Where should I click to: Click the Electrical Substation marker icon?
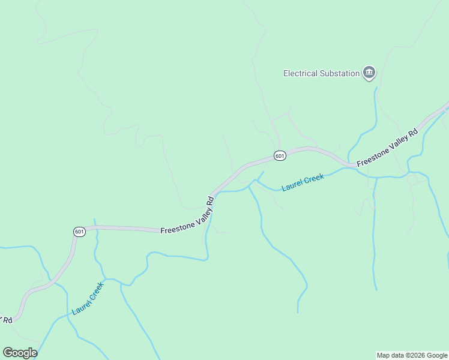pos(369,73)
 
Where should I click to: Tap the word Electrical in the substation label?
pos(300,74)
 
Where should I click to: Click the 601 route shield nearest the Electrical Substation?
pos(280,155)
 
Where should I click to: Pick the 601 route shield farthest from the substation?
pos(80,232)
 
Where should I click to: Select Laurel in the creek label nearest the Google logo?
pos(80,307)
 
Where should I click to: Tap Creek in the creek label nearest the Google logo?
pos(96,290)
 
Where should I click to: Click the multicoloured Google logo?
pos(20,353)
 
